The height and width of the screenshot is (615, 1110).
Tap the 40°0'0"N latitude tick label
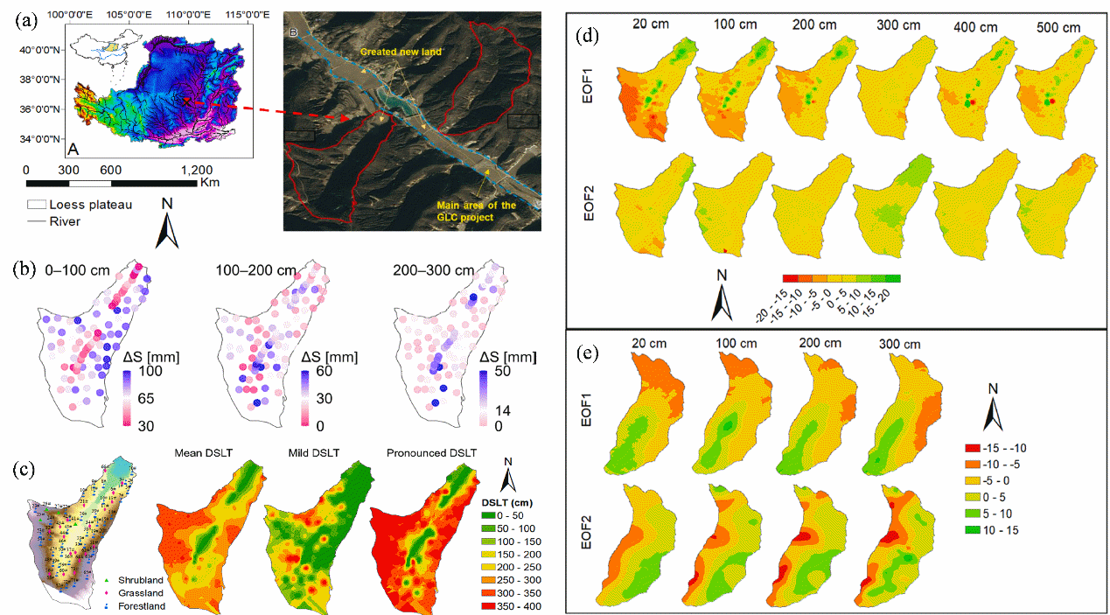38,50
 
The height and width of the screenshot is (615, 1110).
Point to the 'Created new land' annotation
401,52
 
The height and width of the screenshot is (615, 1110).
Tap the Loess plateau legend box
37,205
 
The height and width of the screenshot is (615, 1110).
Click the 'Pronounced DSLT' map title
431,452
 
